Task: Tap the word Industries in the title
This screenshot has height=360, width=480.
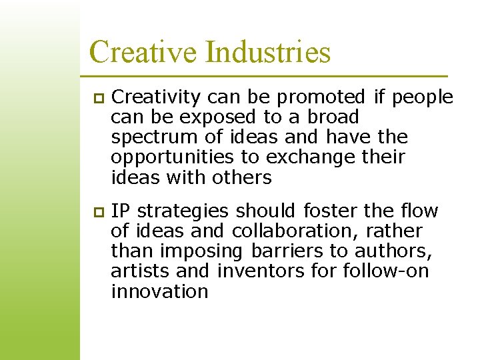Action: [268, 51]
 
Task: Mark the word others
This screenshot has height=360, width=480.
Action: [242, 177]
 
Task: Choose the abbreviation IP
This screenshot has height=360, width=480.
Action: [120, 211]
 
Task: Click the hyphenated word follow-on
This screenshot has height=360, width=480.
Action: [386, 271]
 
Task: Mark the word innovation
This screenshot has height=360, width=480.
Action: [159, 291]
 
